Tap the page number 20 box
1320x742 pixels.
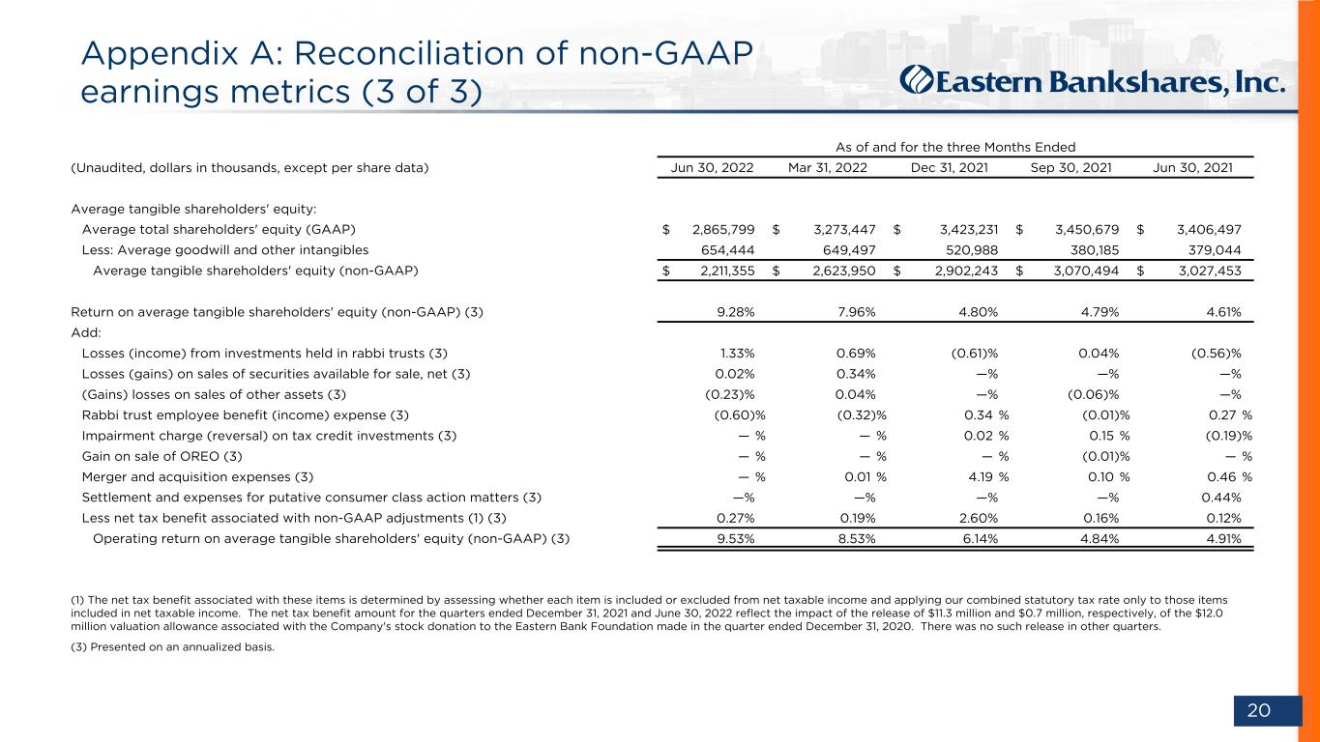1268,710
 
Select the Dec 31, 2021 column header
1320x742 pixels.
949,168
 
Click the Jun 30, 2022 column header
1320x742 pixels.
712,168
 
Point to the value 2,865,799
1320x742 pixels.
723,230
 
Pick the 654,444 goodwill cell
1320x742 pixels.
727,250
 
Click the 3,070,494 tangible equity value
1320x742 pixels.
1086,271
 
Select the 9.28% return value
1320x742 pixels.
735,312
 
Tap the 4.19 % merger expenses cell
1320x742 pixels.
988,477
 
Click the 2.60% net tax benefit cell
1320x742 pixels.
979,518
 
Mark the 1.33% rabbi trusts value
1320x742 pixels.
737,354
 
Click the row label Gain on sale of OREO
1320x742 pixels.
162,456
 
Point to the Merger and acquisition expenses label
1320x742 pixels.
197,477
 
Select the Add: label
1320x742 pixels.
86,332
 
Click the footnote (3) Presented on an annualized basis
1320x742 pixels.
173,647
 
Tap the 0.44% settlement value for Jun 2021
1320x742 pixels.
1221,498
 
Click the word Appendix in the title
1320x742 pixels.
160,54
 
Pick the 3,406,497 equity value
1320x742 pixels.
1209,230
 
